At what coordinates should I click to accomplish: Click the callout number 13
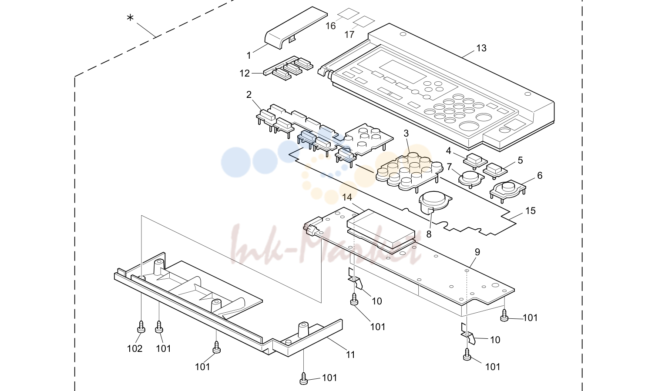481,48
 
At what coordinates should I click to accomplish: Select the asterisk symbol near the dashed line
130,18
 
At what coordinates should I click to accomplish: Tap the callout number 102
135,349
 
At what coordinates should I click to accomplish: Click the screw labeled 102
141,327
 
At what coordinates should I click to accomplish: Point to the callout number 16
331,26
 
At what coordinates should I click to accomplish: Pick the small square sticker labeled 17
364,22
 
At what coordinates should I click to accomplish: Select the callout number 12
245,74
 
